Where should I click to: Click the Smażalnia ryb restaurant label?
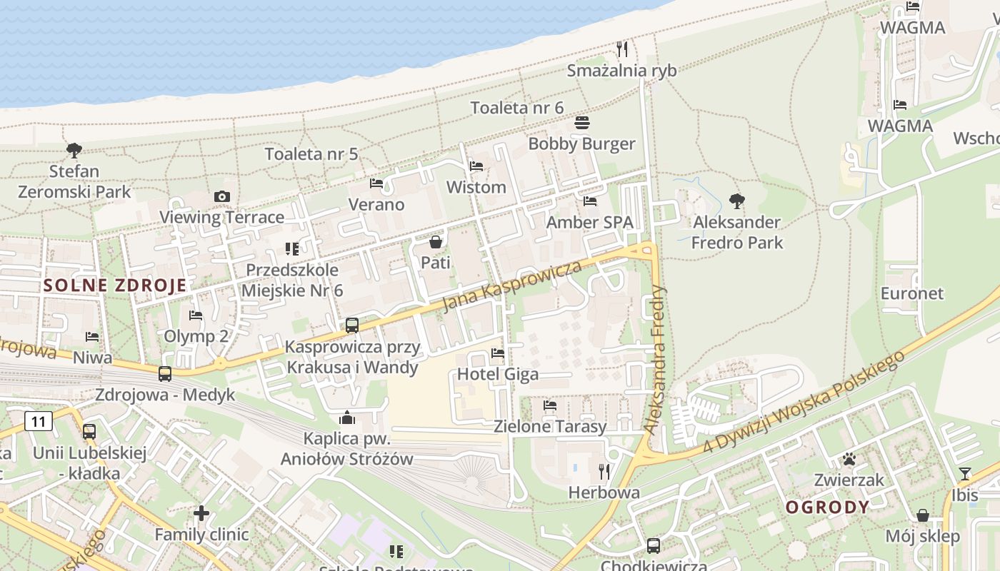pyautogui.click(x=621, y=71)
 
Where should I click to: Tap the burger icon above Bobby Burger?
pyautogui.click(x=582, y=123)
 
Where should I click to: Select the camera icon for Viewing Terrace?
pyautogui.click(x=221, y=197)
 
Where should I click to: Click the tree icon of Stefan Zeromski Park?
pyautogui.click(x=74, y=151)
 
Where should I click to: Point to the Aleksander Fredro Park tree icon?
pyautogui.click(x=736, y=201)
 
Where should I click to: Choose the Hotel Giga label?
pyautogui.click(x=498, y=374)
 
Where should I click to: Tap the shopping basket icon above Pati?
pyautogui.click(x=436, y=243)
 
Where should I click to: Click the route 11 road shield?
pyautogui.click(x=39, y=422)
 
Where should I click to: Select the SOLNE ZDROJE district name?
pyautogui.click(x=115, y=285)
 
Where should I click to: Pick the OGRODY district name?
pyautogui.click(x=828, y=507)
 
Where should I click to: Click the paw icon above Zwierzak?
pyautogui.click(x=849, y=459)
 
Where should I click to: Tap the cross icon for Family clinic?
pyautogui.click(x=201, y=513)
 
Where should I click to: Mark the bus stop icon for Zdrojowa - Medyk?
pyautogui.click(x=165, y=373)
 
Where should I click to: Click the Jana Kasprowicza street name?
pyautogui.click(x=511, y=286)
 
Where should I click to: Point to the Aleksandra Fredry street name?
pyautogui.click(x=655, y=360)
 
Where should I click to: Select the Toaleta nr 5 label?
pyautogui.click(x=311, y=153)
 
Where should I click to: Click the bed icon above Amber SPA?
pyautogui.click(x=590, y=201)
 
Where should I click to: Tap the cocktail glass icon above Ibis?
pyautogui.click(x=965, y=474)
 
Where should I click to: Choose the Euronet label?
pyautogui.click(x=911, y=293)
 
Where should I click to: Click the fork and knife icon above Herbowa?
pyautogui.click(x=604, y=471)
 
